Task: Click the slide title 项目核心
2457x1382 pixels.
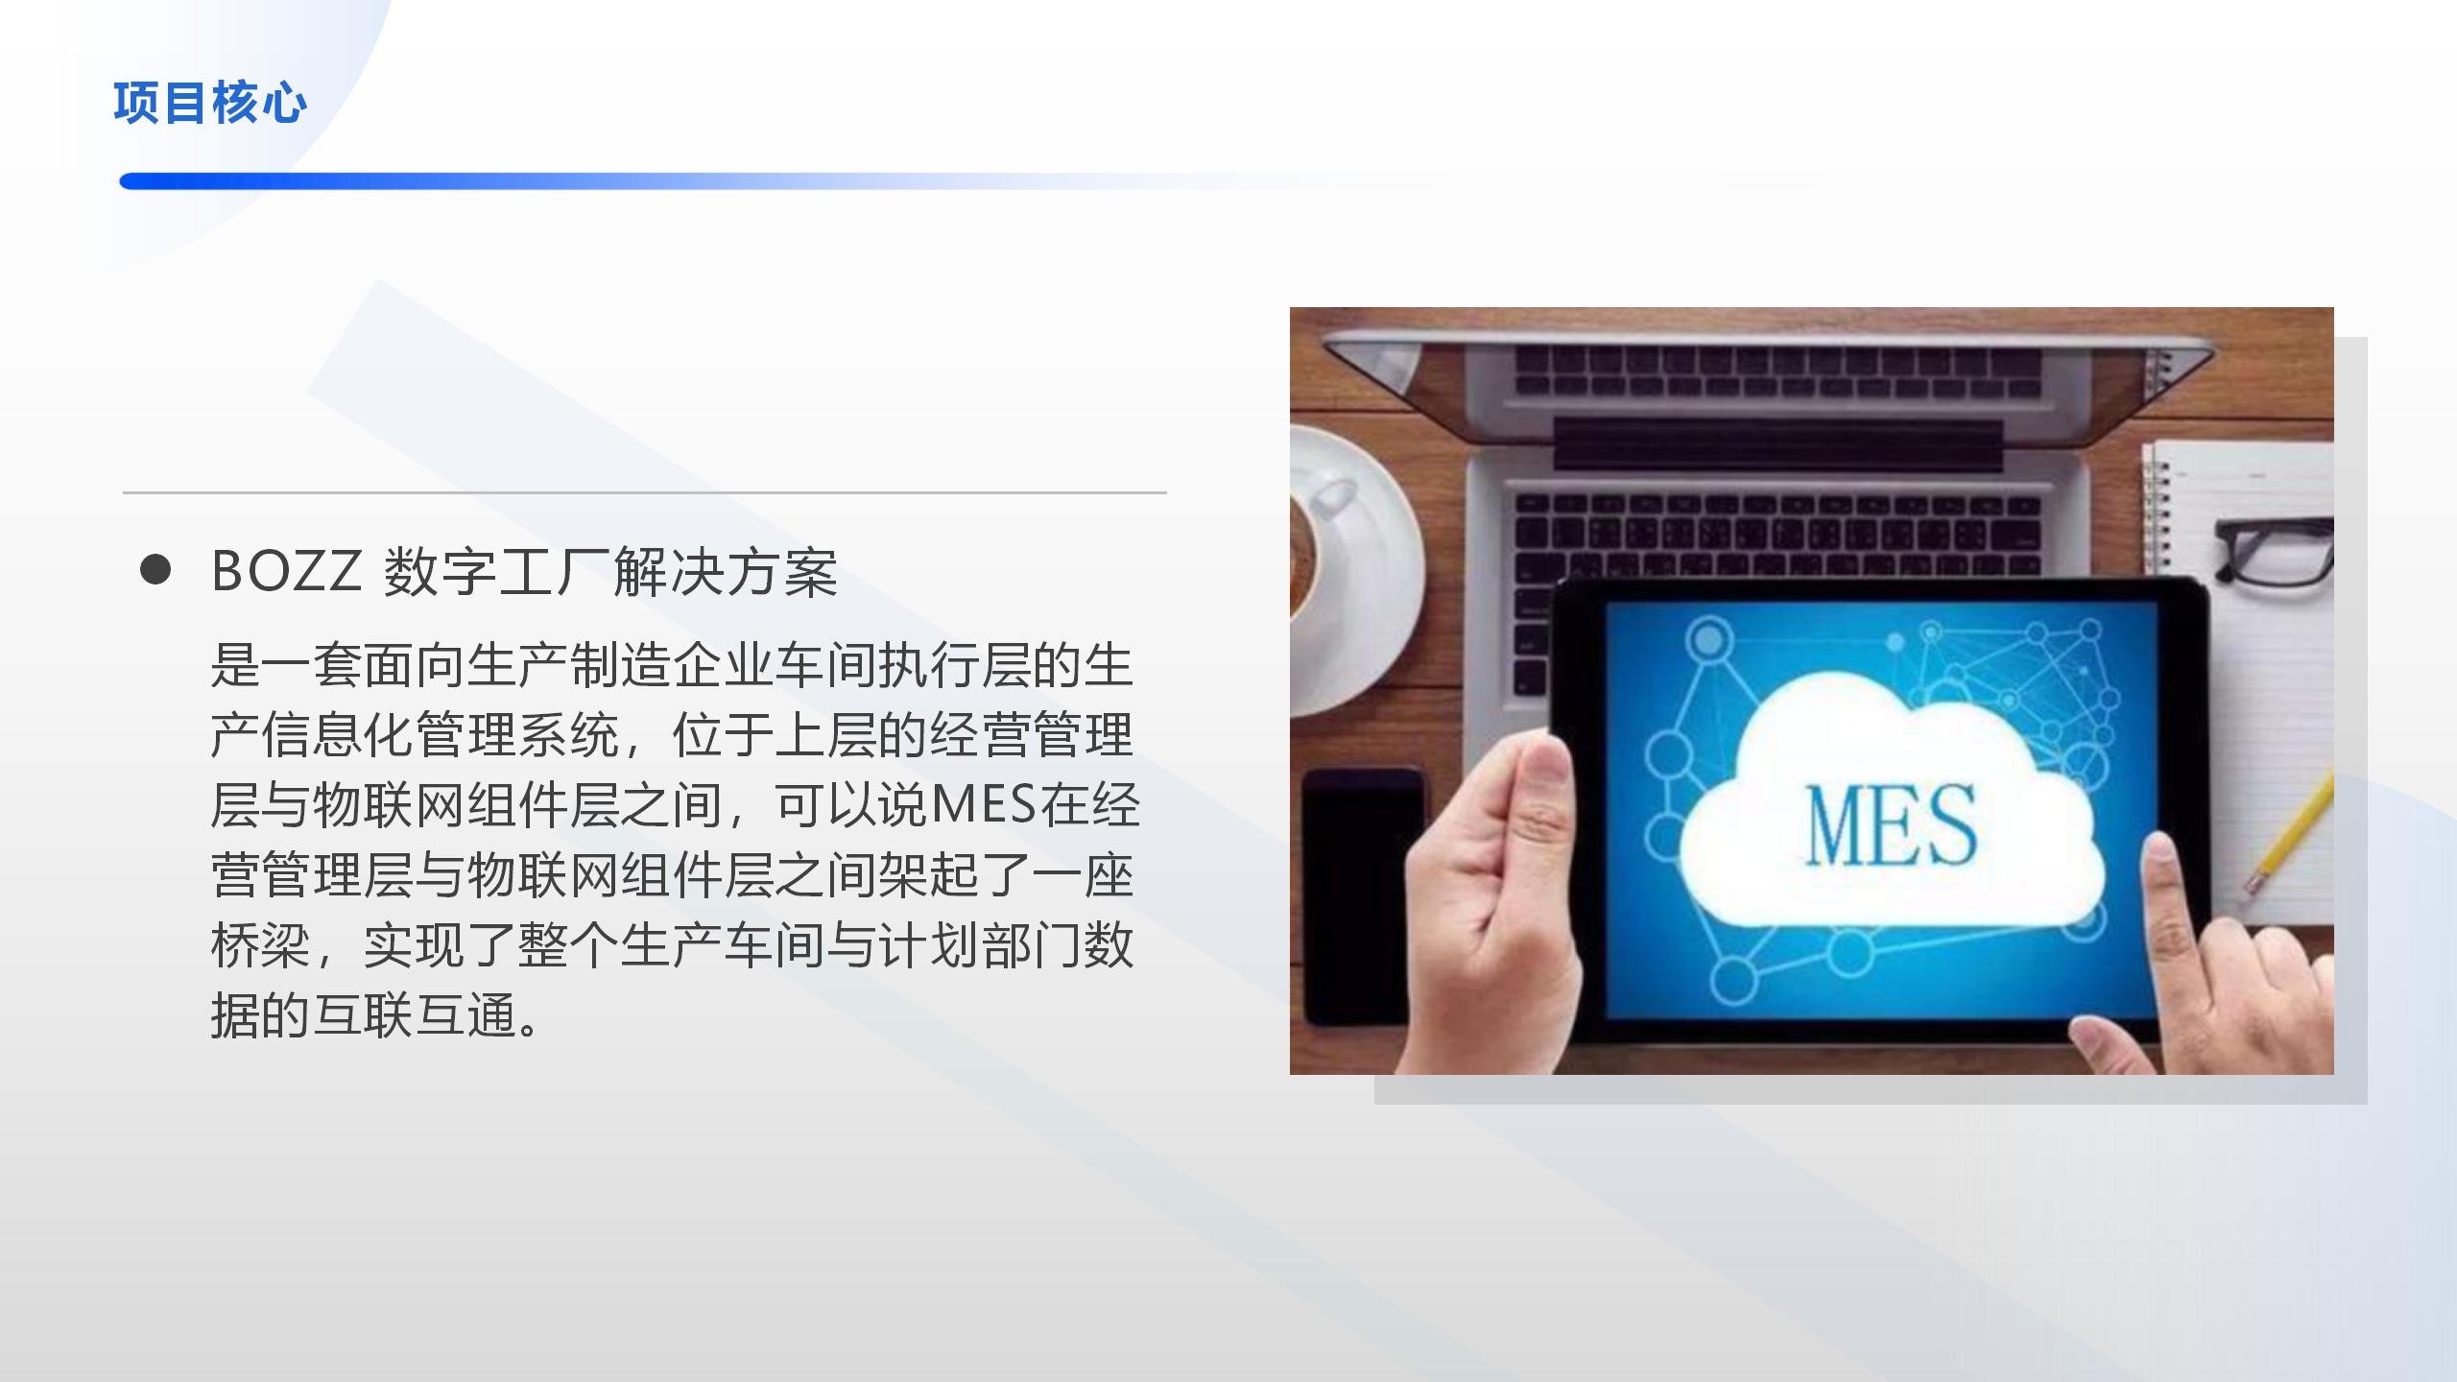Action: (210, 103)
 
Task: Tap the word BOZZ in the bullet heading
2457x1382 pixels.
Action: (286, 571)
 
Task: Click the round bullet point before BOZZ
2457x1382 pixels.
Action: (155, 569)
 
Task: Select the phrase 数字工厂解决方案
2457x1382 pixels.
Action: (610, 572)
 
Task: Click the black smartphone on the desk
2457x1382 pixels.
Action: (1364, 897)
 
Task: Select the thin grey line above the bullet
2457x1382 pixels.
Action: (645, 492)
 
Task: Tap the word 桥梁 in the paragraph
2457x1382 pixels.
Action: (261, 945)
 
